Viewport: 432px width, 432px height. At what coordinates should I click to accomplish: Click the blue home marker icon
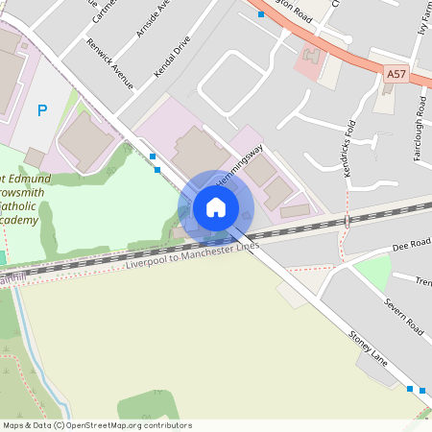216,207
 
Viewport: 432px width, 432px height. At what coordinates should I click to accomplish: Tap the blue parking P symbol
41,110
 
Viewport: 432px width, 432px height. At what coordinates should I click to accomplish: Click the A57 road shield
396,73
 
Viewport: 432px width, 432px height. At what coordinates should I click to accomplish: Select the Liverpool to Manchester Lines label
192,255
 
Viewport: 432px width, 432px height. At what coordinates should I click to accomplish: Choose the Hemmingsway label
239,163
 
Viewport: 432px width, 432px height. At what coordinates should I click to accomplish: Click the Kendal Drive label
172,58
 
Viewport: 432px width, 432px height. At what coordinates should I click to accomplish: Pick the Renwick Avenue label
108,63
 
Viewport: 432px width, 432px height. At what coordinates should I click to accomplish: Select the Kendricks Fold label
350,149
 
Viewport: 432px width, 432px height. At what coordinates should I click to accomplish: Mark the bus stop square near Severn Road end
410,389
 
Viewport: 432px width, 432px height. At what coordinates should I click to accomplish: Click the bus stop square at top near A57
261,15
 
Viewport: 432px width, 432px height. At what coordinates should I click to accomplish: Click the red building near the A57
309,60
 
